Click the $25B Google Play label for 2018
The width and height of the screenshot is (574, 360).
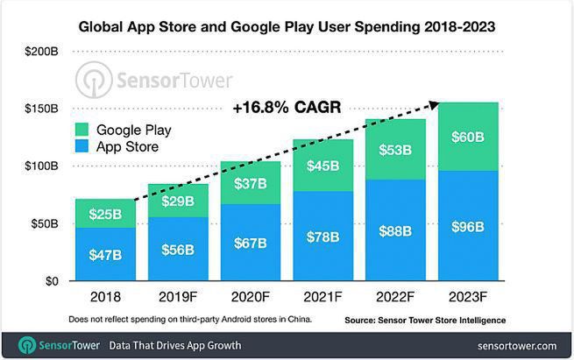pyautogui.click(x=104, y=213)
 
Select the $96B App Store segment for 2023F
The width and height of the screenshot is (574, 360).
pyautogui.click(x=467, y=227)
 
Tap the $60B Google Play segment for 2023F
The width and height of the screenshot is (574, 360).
pyautogui.click(x=467, y=137)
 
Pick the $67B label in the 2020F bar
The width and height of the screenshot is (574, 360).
pyautogui.click(x=250, y=241)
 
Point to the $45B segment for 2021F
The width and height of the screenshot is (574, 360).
pyautogui.click(x=322, y=166)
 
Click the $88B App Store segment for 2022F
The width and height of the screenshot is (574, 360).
pyautogui.click(x=395, y=231)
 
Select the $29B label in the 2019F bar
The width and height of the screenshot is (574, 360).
pyautogui.click(x=177, y=201)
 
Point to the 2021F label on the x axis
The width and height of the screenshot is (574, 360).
pyautogui.click(x=322, y=296)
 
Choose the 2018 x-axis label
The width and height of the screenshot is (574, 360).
pyautogui.click(x=104, y=296)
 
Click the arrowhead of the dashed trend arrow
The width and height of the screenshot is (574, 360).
pyautogui.click(x=435, y=104)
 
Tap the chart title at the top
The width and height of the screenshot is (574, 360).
pyautogui.click(x=287, y=27)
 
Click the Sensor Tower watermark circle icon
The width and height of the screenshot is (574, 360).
pyautogui.click(x=94, y=80)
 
